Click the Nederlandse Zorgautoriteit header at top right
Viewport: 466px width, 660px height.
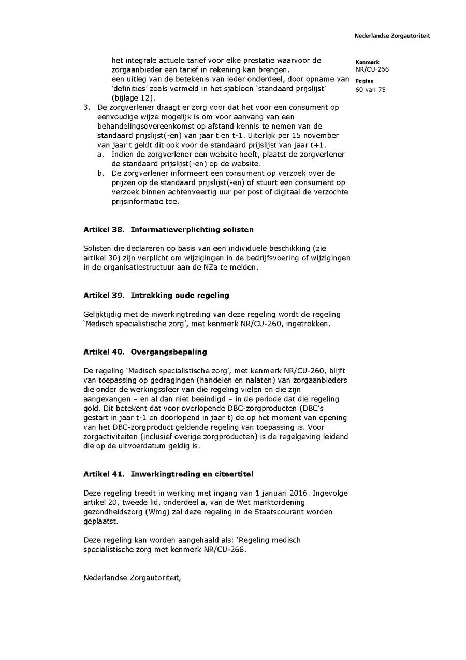[x=392, y=36]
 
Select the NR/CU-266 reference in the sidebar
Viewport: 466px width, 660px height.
[x=372, y=69]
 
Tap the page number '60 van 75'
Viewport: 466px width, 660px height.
[x=370, y=89]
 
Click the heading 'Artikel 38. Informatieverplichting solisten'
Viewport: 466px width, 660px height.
[x=168, y=229]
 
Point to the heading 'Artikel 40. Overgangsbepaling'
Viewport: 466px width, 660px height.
[x=145, y=352]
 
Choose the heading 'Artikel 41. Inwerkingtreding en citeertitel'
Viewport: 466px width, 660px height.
[x=168, y=474]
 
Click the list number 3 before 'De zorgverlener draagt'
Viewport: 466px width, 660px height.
[x=86, y=107]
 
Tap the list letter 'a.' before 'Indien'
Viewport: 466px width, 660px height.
[x=100, y=155]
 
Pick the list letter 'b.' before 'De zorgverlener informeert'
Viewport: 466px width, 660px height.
[x=100, y=173]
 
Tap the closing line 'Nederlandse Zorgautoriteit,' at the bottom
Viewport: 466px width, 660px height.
[x=132, y=577]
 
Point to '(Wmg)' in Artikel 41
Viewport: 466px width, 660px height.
[x=145, y=511]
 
